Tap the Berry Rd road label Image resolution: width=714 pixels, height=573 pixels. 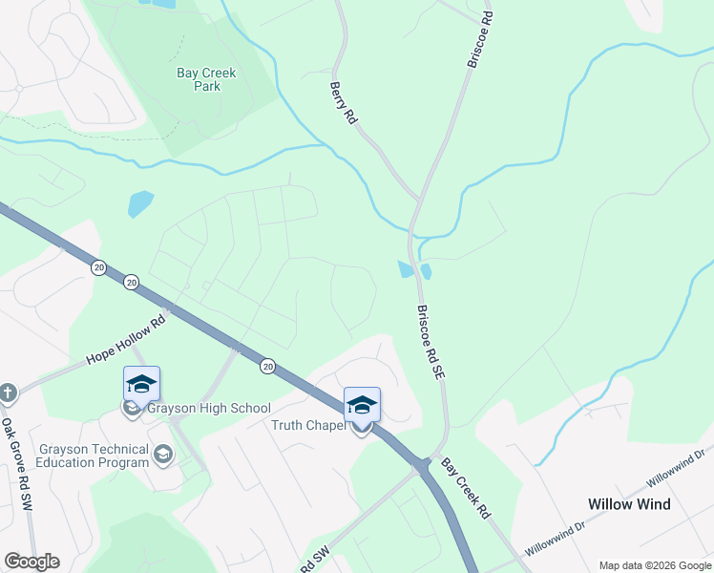coord(343,103)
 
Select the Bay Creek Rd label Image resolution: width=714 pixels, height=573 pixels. coord(465,488)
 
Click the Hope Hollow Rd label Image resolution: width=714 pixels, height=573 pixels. coord(125,339)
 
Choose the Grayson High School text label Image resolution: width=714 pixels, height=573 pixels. coord(209,409)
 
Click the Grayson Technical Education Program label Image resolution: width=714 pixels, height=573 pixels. coord(94,456)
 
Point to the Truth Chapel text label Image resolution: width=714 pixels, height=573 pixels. coord(308,426)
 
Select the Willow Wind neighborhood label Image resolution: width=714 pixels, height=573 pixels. coord(629,504)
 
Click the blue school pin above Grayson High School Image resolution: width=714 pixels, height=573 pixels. coord(141,384)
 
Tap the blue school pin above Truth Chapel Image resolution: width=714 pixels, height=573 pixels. coord(362,405)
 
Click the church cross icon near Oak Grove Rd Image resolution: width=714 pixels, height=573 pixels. coord(8,393)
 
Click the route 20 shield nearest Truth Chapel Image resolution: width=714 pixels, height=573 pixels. coord(268,365)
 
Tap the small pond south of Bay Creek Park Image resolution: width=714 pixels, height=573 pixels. coord(140,203)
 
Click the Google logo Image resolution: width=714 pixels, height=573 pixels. coord(31,562)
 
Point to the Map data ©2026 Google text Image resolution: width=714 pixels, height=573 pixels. coord(656,565)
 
